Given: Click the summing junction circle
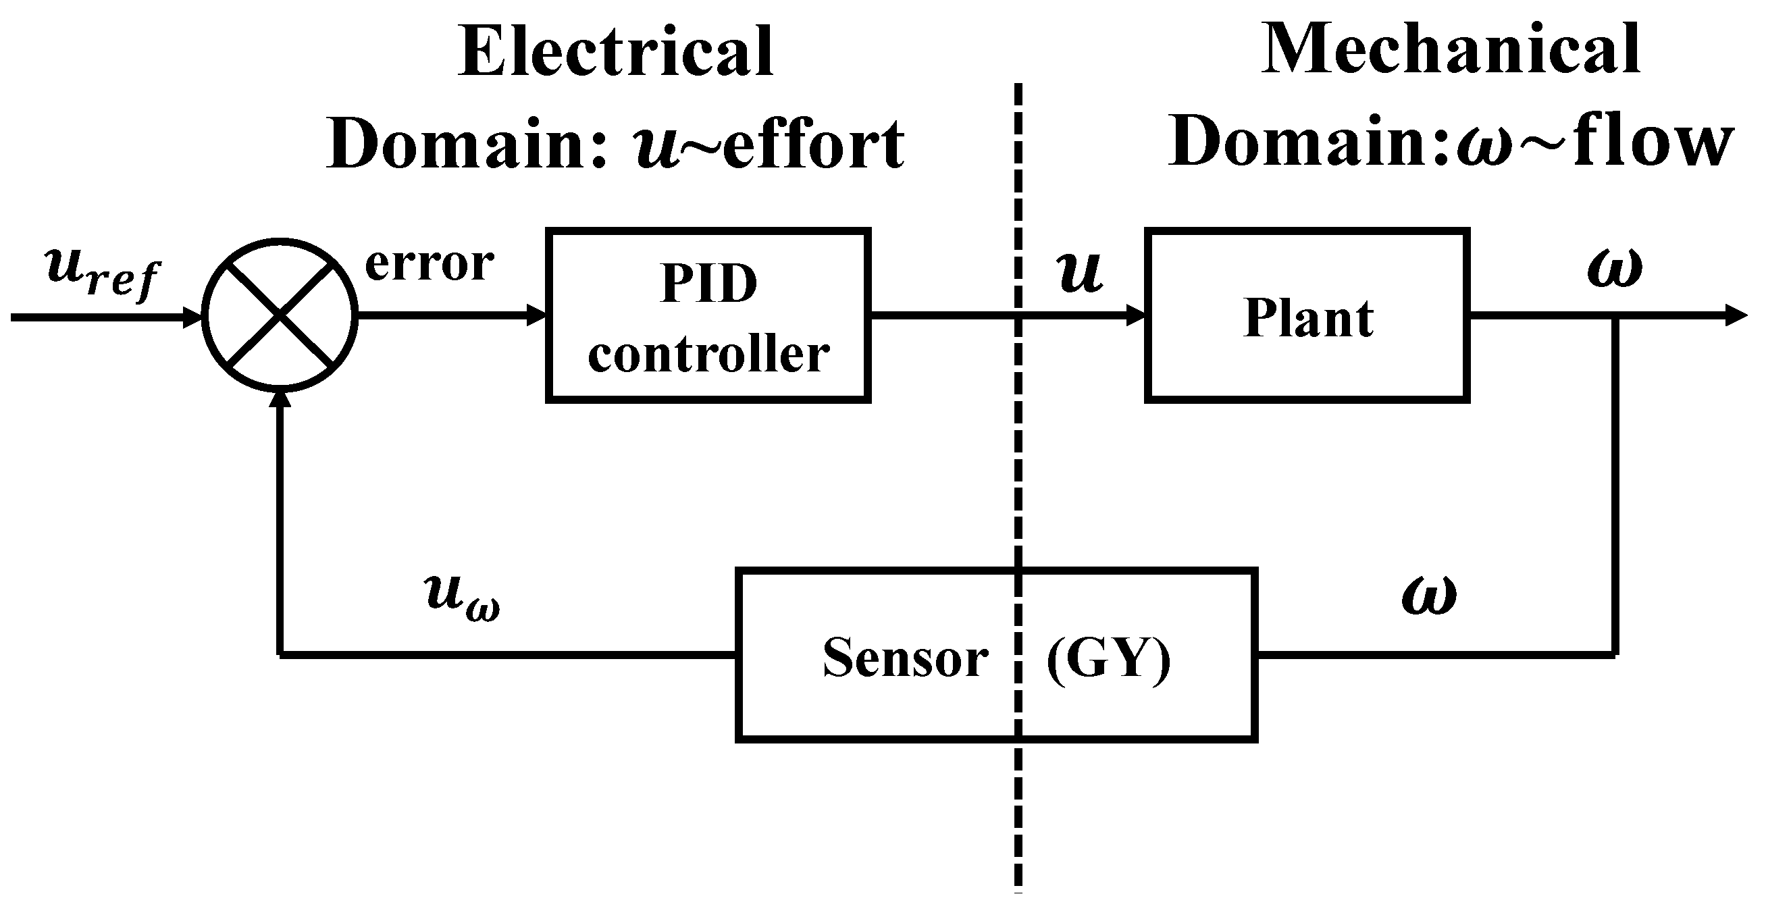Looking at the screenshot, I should click(x=280, y=316).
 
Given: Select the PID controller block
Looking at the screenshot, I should click(x=708, y=316).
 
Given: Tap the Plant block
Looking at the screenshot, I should click(x=1307, y=316).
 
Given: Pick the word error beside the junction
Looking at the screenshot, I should click(x=429, y=263).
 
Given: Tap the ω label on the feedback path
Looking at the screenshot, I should click(x=1429, y=594).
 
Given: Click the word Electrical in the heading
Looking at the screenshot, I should click(x=617, y=51).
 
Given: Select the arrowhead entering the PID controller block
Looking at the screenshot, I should click(x=536, y=316).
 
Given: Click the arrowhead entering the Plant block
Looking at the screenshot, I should click(x=1135, y=316).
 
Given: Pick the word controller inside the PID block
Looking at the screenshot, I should click(x=708, y=355).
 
